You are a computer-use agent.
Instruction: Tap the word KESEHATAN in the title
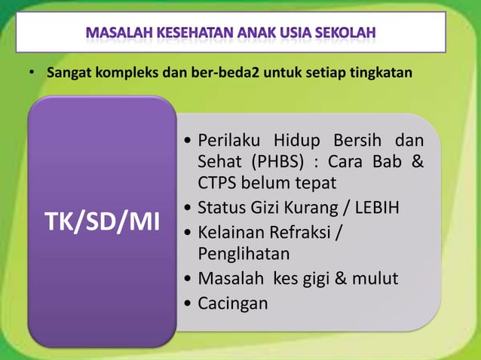pos(188,34)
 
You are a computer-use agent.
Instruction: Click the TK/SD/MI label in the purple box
pos(97,221)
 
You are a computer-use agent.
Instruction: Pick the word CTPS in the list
pos(219,182)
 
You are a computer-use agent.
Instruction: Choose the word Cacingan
pos(232,303)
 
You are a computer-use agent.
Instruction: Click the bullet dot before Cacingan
pos(187,304)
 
